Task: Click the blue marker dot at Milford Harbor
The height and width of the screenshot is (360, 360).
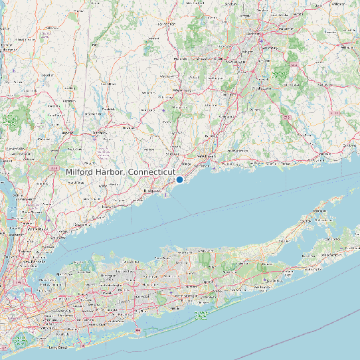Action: coord(179,179)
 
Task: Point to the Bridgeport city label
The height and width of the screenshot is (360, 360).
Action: coord(153,191)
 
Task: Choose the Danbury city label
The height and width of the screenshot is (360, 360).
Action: coord(100,133)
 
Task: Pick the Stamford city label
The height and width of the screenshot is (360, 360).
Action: coord(81,225)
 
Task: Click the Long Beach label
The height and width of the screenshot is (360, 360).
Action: coord(58,347)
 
